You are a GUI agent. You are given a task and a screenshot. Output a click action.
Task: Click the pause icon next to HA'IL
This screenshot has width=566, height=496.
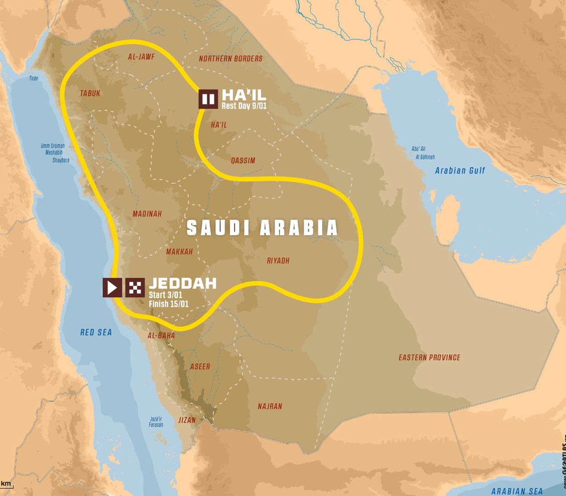click(x=208, y=99)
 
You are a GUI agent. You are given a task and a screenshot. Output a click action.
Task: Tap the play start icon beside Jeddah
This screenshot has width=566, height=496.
click(x=112, y=287)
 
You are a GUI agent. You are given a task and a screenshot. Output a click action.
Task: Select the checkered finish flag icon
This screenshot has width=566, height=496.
click(x=135, y=287)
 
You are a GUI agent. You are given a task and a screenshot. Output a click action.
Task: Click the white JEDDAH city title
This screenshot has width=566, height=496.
click(x=182, y=283)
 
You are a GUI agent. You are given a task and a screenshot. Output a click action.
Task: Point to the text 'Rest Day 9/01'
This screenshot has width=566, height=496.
click(x=244, y=106)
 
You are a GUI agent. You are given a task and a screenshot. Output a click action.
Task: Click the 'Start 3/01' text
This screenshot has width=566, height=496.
click(x=165, y=295)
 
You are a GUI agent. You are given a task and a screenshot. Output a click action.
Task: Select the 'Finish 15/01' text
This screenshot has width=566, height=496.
click(x=168, y=304)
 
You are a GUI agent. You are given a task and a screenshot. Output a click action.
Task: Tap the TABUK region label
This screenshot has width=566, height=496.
click(x=90, y=93)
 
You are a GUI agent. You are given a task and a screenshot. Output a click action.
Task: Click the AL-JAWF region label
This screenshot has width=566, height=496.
click(x=141, y=57)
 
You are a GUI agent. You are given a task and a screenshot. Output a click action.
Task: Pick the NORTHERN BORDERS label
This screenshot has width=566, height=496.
click(x=230, y=58)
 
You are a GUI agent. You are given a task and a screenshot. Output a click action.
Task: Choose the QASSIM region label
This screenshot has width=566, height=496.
click(x=243, y=160)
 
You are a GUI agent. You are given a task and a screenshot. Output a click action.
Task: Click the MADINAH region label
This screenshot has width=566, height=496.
click(x=147, y=214)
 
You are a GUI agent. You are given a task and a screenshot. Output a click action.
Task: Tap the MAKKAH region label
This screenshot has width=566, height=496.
click(x=179, y=252)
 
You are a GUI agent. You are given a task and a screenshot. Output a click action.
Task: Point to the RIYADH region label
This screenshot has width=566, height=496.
click(x=278, y=260)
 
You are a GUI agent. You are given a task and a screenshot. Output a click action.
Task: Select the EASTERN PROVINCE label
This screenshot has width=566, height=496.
click(x=429, y=357)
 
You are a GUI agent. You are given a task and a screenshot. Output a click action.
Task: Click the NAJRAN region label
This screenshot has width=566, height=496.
click(x=270, y=406)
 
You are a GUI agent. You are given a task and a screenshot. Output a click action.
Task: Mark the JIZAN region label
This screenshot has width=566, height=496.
click(x=187, y=420)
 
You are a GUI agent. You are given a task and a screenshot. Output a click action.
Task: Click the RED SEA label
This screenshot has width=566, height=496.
click(x=96, y=332)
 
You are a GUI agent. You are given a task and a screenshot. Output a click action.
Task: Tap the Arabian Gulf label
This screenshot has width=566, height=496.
click(x=460, y=170)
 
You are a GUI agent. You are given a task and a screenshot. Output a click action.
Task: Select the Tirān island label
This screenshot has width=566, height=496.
click(x=34, y=79)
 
